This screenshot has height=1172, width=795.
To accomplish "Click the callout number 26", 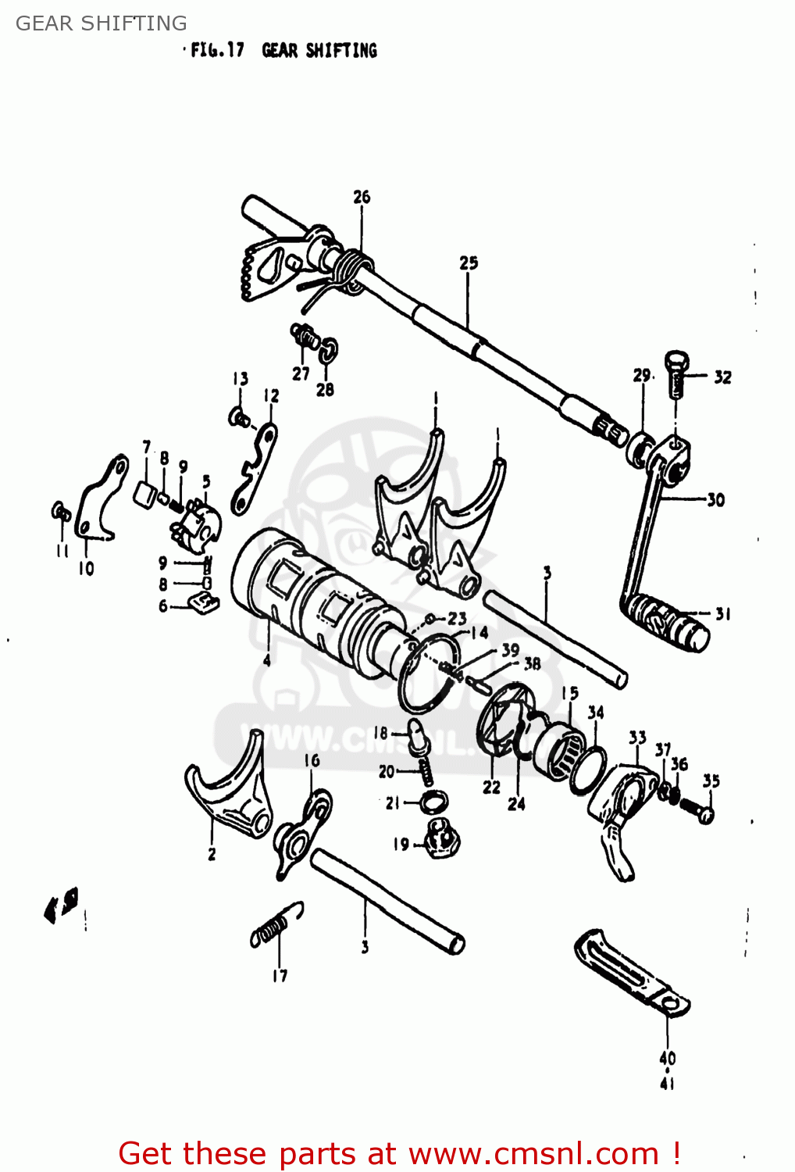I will point(362,197).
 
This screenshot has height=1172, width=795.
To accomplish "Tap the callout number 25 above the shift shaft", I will point(469,263).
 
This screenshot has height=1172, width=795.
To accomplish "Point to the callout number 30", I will point(715,500).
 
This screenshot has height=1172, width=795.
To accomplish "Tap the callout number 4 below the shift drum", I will point(267,661).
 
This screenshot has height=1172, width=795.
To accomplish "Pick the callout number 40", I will point(667,1059).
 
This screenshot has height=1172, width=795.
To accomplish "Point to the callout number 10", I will point(86,569).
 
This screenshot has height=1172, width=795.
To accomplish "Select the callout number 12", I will point(271,396).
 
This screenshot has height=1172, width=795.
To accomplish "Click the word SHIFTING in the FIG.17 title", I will point(341,51).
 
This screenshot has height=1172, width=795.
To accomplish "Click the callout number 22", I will point(491,787).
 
